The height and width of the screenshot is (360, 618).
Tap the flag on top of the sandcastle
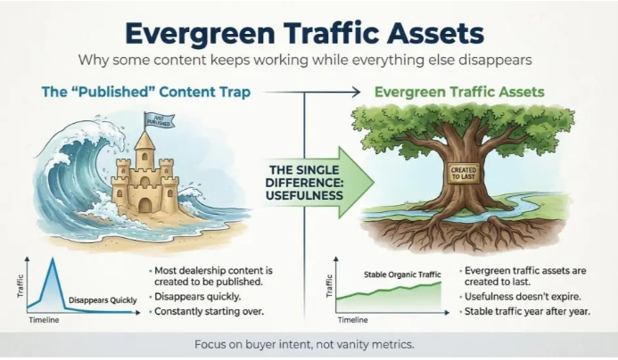tap(159, 119)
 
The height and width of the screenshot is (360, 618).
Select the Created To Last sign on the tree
tap(463, 173)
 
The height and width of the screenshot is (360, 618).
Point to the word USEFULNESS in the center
tap(304, 195)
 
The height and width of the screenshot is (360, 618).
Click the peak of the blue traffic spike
tap(53, 258)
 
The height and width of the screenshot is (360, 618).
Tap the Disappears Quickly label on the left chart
tap(103, 300)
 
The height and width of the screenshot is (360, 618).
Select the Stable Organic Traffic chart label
tap(402, 274)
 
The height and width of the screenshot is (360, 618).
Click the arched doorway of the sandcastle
tap(145, 205)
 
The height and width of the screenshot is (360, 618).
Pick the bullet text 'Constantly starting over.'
tap(209, 311)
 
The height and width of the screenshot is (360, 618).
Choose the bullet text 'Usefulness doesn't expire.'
tap(523, 297)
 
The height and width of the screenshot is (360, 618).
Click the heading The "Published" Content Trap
tap(146, 92)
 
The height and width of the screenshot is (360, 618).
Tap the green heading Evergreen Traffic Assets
tap(459, 92)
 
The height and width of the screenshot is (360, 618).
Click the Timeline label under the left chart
tap(44, 320)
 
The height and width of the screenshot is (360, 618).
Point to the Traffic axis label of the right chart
tap(329, 286)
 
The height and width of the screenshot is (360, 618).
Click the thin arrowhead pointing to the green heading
tap(356, 92)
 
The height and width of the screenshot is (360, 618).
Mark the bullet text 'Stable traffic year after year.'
tap(527, 312)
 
